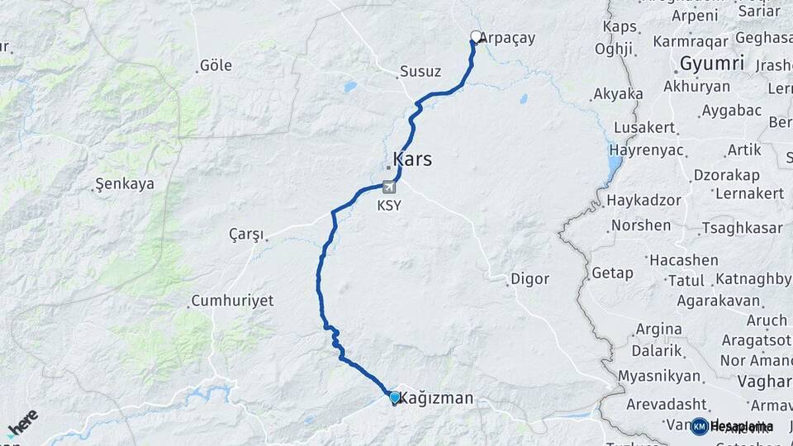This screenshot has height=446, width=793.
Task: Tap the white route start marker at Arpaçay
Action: [x=476, y=36]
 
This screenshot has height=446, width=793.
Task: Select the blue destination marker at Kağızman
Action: [x=395, y=398]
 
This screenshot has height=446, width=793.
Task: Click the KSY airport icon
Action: [x=389, y=188]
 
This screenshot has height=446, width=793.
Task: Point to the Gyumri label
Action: [x=712, y=63]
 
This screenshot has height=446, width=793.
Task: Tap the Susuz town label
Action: [x=420, y=72]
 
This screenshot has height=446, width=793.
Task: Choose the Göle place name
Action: [x=216, y=65]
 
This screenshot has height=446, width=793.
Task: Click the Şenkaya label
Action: [x=125, y=184]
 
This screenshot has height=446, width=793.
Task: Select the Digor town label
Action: [x=529, y=278]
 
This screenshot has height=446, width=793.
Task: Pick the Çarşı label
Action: [x=246, y=235]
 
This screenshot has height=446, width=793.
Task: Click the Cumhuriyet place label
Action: [x=232, y=301]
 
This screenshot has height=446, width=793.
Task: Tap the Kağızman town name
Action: [x=437, y=398]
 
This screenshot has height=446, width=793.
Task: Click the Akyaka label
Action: [x=618, y=94]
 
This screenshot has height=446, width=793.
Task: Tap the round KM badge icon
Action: [x=699, y=426]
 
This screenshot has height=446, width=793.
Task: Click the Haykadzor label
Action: [x=643, y=201]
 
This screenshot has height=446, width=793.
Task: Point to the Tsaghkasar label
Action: [x=741, y=228]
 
